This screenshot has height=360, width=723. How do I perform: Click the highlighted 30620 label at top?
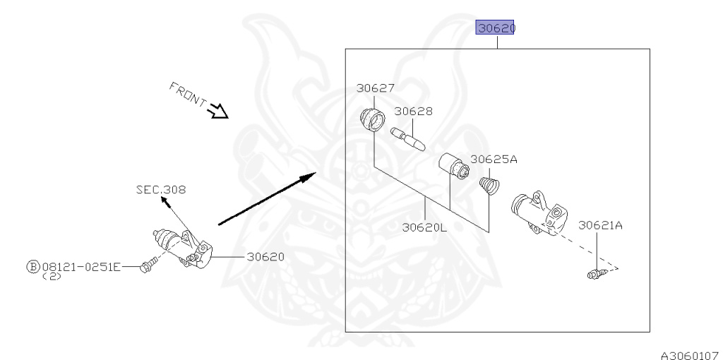496,28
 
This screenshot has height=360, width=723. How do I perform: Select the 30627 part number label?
375,89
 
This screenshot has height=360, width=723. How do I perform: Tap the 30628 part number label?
413,112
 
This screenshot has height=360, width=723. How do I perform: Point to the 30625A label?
494,160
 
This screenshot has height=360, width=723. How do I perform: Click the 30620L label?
425,227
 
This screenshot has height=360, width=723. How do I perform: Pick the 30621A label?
600,226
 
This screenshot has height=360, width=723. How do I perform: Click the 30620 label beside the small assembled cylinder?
265,257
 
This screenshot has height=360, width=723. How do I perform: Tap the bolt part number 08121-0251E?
81,267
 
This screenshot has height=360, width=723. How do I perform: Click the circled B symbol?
32,267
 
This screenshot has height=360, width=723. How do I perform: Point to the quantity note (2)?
51,277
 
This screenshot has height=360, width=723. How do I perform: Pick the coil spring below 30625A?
488,186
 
